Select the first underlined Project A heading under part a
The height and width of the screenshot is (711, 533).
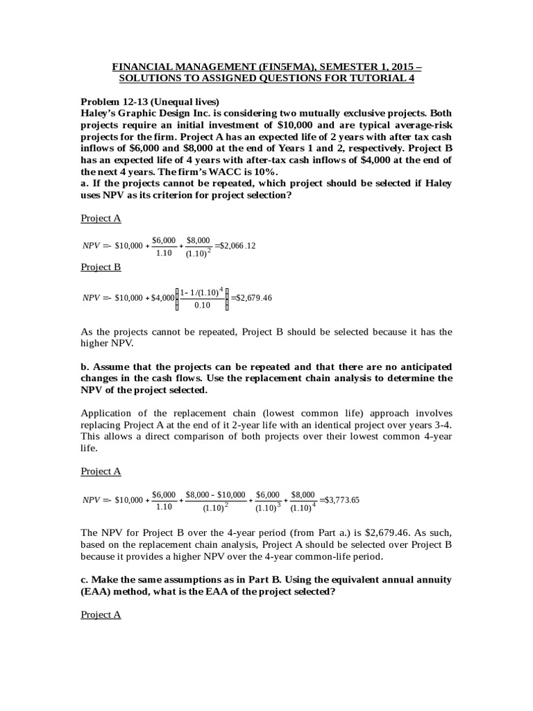(101, 218)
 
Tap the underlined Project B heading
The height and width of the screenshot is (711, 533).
(101, 267)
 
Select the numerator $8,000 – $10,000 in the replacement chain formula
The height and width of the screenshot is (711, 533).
(216, 494)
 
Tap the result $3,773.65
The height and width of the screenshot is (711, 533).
(341, 501)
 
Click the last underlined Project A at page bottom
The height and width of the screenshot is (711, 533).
(101, 614)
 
